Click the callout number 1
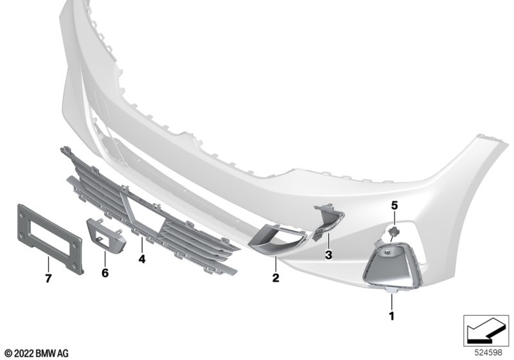pyautogui.click(x=391, y=316)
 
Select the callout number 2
pyautogui.click(x=276, y=278)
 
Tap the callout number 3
pyautogui.click(x=328, y=255)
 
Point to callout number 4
pyautogui.click(x=142, y=259)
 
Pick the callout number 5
pyautogui.click(x=394, y=206)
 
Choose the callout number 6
pyautogui.click(x=105, y=273)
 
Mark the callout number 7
pyautogui.click(x=48, y=279)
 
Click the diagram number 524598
pyautogui.click(x=488, y=352)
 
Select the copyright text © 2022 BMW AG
pyautogui.click(x=37, y=353)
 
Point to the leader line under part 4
pyautogui.click(x=142, y=245)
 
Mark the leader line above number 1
pyautogui.click(x=391, y=302)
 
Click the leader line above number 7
pyautogui.click(x=48, y=265)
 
